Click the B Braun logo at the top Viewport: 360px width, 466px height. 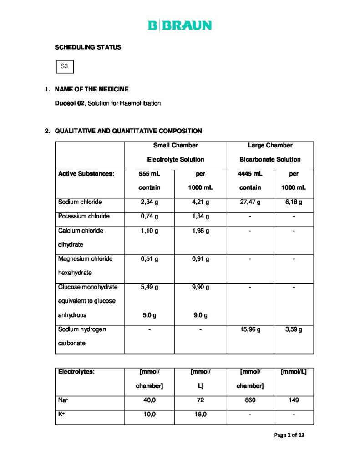[x=180, y=25]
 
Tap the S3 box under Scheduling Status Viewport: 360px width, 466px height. [x=64, y=66]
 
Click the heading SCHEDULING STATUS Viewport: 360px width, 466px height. [x=88, y=47]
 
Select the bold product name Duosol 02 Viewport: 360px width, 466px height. [x=70, y=103]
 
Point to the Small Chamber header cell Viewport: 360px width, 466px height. [x=175, y=152]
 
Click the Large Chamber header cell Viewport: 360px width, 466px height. [x=270, y=152]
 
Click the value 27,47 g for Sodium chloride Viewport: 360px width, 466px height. [x=250, y=202]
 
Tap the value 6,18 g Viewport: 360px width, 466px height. [x=294, y=202]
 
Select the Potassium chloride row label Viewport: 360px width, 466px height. [x=84, y=216]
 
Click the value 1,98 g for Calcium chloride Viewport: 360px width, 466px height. [x=200, y=231]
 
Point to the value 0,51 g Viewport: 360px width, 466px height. [x=149, y=259]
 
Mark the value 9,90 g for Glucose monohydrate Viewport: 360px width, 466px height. [x=200, y=287]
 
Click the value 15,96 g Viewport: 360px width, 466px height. [x=250, y=329]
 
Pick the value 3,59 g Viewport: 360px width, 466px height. [x=294, y=329]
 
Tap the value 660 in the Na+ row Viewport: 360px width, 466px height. [x=250, y=400]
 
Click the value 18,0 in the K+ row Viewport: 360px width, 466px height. [x=200, y=415]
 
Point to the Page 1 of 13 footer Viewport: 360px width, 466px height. [x=289, y=435]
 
